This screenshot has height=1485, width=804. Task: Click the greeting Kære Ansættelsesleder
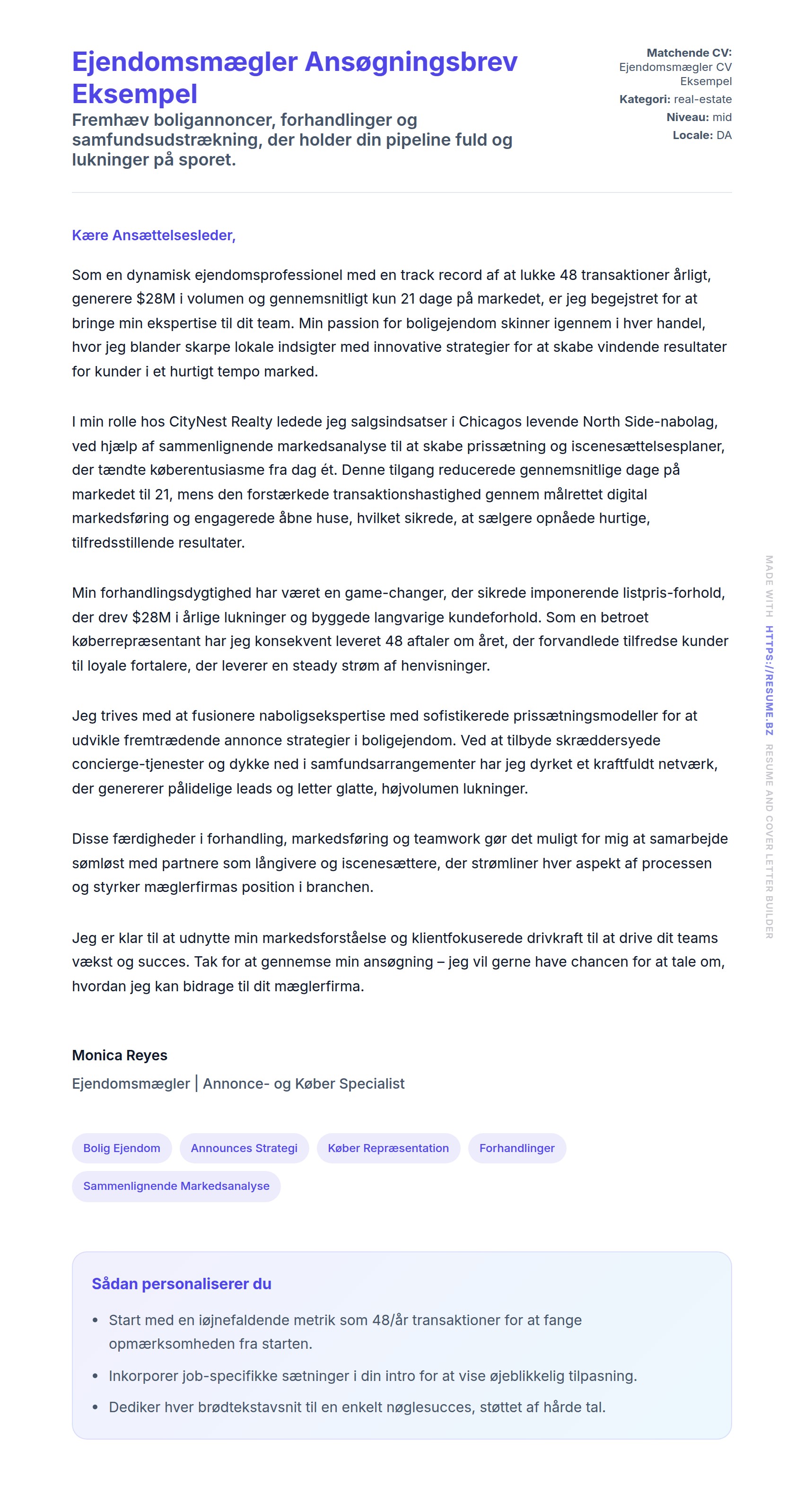(x=153, y=235)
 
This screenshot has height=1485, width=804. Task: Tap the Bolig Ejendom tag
(x=122, y=1148)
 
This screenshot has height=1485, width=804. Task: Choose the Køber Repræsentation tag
(x=388, y=1148)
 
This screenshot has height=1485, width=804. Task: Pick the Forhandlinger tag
(x=516, y=1148)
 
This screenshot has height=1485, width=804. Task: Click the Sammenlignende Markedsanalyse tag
(x=176, y=1186)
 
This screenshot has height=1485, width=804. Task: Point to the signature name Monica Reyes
(x=119, y=1055)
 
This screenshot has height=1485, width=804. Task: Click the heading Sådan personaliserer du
(x=181, y=1284)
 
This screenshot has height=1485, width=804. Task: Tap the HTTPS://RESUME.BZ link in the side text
(x=769, y=680)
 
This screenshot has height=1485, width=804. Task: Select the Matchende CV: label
(x=689, y=53)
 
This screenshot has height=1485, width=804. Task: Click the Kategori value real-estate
(x=703, y=99)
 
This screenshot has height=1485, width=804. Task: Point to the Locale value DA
(x=724, y=135)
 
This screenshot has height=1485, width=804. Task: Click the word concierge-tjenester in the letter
(x=138, y=764)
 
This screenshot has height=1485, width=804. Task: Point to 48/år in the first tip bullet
(x=390, y=1319)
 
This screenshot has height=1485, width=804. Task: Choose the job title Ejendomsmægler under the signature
(x=131, y=1084)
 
